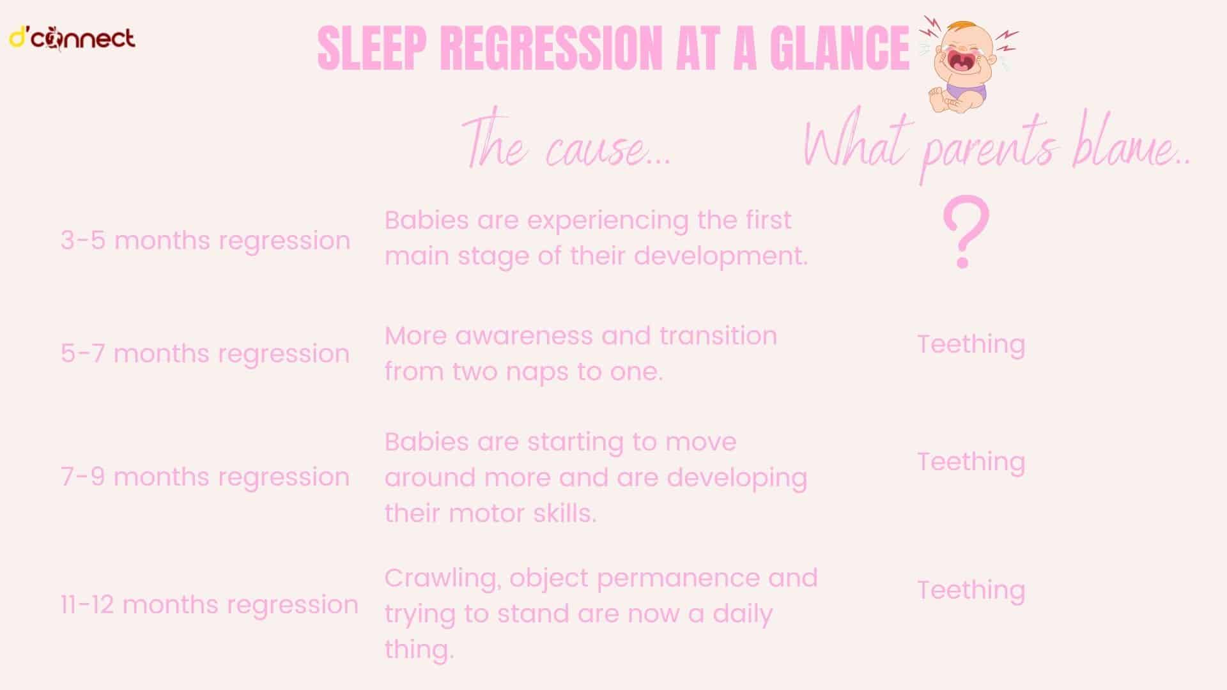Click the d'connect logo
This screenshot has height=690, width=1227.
coord(72,39)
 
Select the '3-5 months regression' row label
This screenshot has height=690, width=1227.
coord(205,241)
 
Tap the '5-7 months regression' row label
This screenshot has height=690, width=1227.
coord(205,353)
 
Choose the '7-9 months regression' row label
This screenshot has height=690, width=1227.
coord(205,477)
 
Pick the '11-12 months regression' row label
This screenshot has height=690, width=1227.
coord(209,604)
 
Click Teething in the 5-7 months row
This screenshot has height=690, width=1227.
coord(971,344)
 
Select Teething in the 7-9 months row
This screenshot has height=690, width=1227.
coord(971,462)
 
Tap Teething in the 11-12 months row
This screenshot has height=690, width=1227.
coord(971,590)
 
